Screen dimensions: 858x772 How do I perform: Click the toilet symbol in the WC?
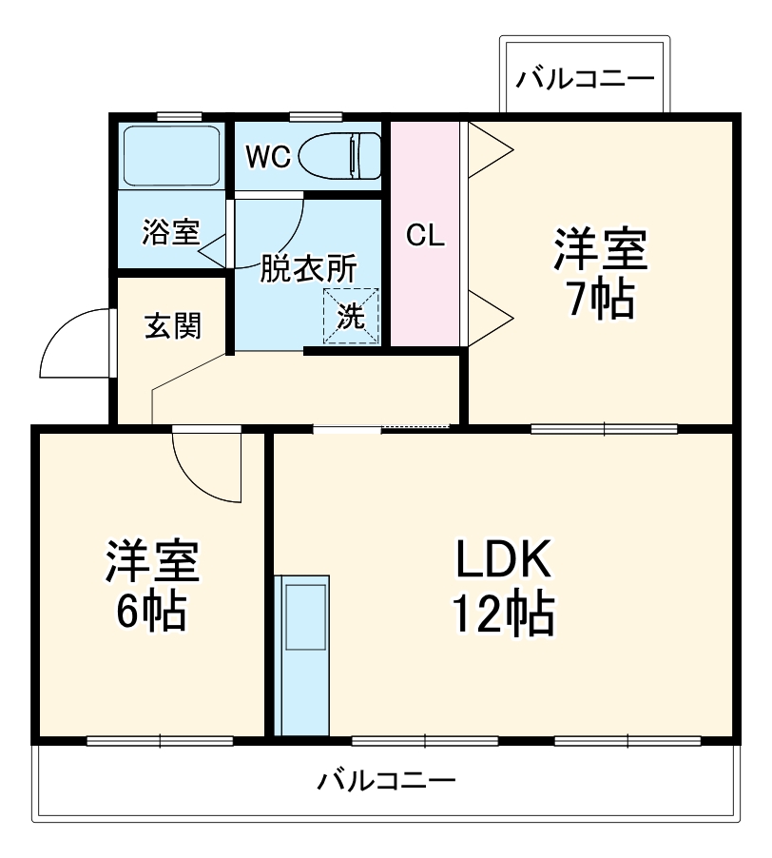click(x=340, y=154)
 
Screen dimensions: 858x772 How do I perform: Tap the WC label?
click(x=266, y=157)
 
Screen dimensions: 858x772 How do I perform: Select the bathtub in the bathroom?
click(x=171, y=154)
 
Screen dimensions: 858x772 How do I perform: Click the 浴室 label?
click(x=171, y=231)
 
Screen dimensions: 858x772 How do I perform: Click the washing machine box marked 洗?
click(x=351, y=316)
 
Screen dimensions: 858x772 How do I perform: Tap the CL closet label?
click(x=425, y=235)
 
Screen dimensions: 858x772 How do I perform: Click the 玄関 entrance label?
click(x=172, y=326)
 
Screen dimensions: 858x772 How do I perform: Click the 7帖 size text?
click(x=600, y=301)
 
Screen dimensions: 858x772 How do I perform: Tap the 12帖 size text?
click(x=503, y=616)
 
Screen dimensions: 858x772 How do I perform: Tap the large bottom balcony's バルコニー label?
click(x=386, y=782)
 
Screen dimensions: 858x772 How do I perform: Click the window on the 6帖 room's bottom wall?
click(x=160, y=740)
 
